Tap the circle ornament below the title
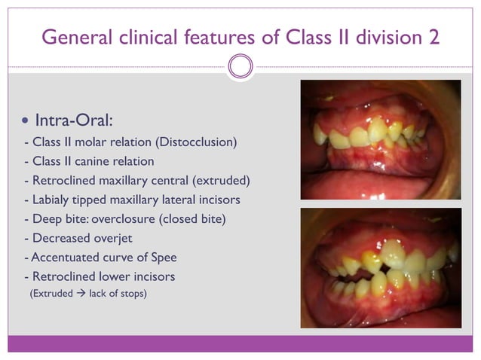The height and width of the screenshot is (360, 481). coord(240,67)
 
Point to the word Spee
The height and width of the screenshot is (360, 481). coord(161,258)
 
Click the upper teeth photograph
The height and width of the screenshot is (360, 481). coord(381,139)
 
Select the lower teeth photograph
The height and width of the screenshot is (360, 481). coord(381,267)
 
